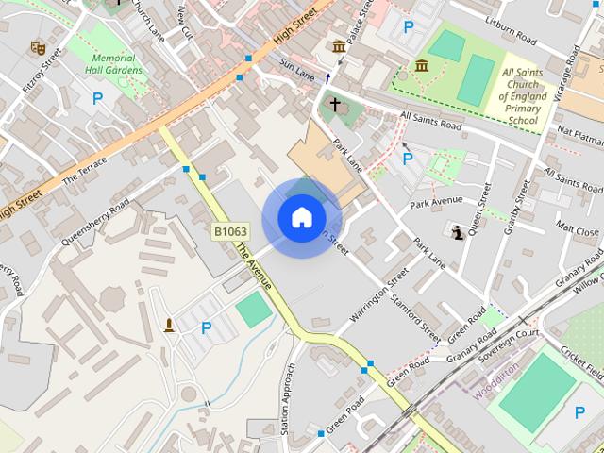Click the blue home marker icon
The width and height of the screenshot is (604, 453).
[x=301, y=217]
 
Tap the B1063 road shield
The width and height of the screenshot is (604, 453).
[x=230, y=231]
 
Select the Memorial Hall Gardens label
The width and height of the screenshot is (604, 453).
[x=113, y=64]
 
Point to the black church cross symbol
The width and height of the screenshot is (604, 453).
[x=334, y=104]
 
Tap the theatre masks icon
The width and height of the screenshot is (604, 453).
[x=38, y=46]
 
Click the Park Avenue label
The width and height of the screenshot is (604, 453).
[x=436, y=201]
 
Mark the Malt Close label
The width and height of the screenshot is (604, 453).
[x=577, y=230]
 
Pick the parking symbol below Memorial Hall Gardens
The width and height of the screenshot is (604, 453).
[x=97, y=97]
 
